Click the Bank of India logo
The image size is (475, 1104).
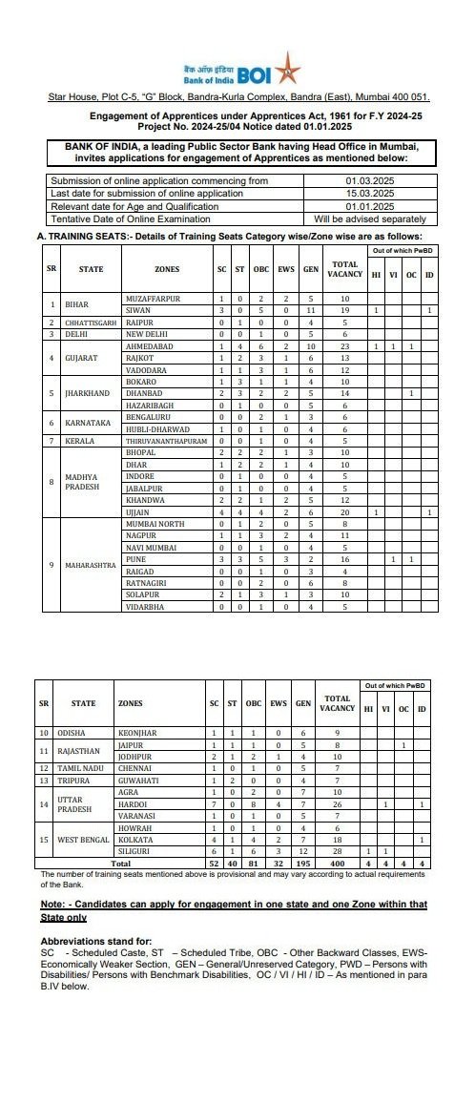[x=239, y=73]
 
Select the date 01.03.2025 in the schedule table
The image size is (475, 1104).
[x=369, y=179]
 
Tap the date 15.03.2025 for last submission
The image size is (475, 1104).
[x=369, y=193]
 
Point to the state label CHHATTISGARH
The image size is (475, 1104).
[x=77, y=323]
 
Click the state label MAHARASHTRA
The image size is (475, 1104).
[x=90, y=565]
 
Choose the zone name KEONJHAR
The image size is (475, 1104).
[x=136, y=733]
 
